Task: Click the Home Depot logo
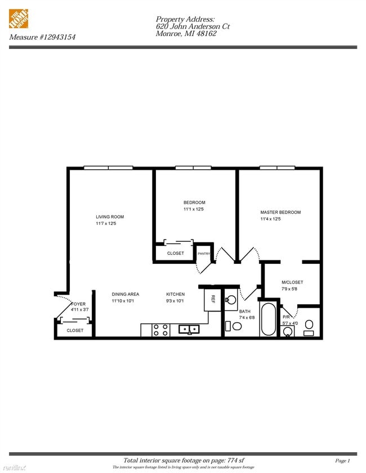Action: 19,19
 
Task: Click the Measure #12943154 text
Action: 42,37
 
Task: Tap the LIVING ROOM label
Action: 110,217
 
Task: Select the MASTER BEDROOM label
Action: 280,212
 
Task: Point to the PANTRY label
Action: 203,254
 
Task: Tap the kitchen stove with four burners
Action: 160,330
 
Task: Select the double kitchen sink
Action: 189,329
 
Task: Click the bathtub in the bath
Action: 269,321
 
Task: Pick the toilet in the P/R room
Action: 309,325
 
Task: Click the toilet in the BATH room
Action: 237,326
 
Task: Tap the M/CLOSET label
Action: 292,282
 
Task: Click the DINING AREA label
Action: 125,294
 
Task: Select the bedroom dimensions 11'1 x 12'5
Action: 194,209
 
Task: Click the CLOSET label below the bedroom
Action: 176,253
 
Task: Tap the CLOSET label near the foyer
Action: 75,331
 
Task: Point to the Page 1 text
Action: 342,461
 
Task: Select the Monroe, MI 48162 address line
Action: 186,34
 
